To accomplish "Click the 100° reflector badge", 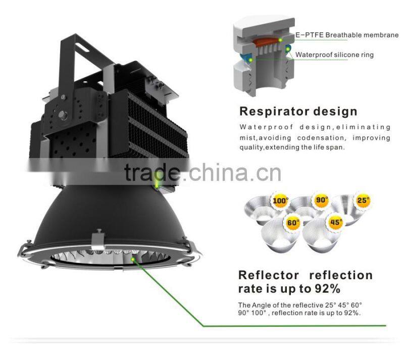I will (281, 201).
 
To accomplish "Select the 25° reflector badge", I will (362, 200).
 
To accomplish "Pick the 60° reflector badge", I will (292, 222).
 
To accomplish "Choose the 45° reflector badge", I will (334, 222).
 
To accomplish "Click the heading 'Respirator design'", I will (298, 111).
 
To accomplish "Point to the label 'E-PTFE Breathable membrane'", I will (347, 35).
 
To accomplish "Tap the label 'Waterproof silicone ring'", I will (334, 55).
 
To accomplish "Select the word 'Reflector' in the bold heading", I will (269, 275).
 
